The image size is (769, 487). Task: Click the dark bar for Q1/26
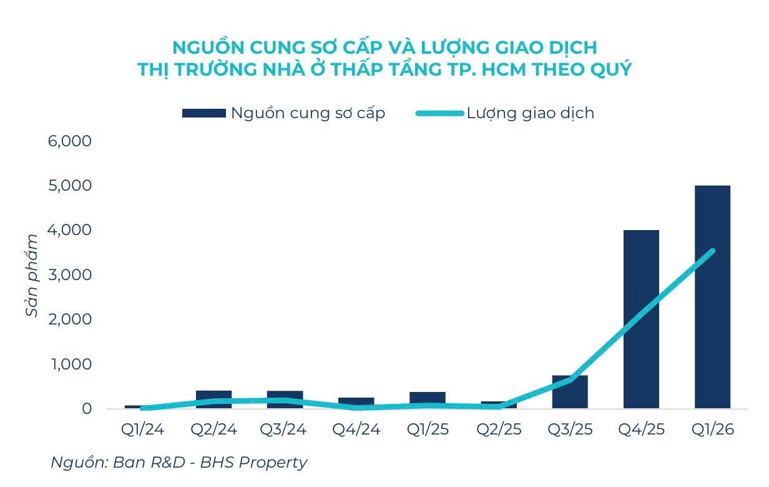point(712,297)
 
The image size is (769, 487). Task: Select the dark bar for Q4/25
point(641,319)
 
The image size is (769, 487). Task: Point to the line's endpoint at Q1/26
point(712,251)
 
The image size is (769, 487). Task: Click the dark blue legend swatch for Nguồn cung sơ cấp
point(203,113)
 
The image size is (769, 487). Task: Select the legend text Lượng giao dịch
point(530,113)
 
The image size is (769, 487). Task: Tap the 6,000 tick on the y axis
point(70,141)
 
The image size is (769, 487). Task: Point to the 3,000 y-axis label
point(70,275)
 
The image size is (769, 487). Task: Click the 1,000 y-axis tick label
point(70,364)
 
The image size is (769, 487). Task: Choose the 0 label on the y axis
point(86,409)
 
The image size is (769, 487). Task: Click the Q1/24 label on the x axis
point(142,431)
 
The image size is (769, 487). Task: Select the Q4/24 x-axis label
point(356,431)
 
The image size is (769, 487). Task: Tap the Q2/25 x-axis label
point(498,431)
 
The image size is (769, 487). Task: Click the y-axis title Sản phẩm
point(32,275)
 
